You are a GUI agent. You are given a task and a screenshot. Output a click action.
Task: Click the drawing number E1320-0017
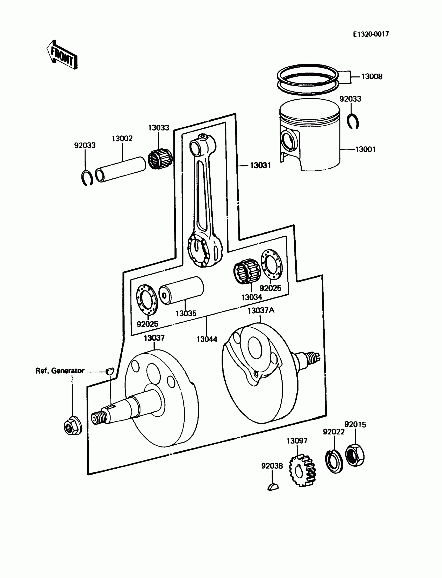pos(371,34)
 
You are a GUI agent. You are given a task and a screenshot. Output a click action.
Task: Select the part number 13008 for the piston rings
pos(372,76)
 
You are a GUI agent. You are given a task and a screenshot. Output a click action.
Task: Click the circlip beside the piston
pos(353,121)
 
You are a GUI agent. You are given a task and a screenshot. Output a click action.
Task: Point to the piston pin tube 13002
pos(120,169)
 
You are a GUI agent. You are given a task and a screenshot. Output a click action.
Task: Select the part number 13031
pos(260,165)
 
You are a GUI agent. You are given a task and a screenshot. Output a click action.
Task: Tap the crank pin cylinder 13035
pos(181,290)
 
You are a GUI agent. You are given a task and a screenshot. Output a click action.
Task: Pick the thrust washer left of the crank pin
pos(147,299)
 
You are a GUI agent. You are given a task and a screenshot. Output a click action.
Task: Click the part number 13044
pos(207,339)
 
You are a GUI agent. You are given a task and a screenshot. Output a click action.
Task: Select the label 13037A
pos(261,310)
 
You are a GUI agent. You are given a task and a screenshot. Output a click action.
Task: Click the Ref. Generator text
pos(60,371)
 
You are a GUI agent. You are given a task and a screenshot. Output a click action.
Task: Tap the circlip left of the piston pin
pos(87,178)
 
